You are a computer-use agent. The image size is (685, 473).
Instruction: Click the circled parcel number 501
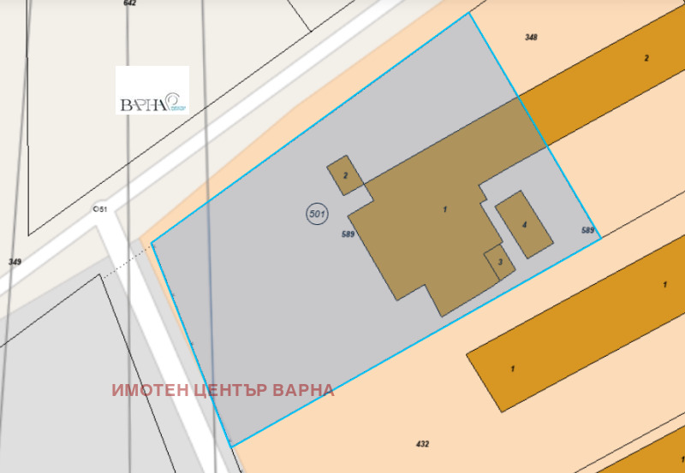point(316,214)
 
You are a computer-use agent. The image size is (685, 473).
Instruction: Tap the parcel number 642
point(130,3)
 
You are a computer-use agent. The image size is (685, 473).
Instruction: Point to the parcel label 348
point(532,38)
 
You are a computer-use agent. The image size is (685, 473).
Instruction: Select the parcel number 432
point(422,444)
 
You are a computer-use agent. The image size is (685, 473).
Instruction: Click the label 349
point(15,262)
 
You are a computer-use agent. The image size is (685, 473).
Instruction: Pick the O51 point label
point(100,210)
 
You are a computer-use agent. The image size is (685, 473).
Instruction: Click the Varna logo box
point(152,90)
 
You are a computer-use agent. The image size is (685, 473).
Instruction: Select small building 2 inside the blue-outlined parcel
point(345,174)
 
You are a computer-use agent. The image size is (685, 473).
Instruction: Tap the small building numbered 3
point(499,263)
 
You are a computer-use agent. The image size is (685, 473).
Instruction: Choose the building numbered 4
point(524,224)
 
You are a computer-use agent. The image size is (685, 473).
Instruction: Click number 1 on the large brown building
point(445,210)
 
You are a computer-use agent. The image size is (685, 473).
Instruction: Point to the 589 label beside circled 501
point(348,234)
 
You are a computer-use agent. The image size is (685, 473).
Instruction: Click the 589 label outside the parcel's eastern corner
point(587,230)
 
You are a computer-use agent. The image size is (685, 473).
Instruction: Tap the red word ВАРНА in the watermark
point(303,390)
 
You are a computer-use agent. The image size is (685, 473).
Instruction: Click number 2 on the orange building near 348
point(646,58)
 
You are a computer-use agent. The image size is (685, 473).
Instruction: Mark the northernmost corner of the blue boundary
point(469,13)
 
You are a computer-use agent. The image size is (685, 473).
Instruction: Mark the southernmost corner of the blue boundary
point(231,446)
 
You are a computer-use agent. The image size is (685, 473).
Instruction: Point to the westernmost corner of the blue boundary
point(152,244)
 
